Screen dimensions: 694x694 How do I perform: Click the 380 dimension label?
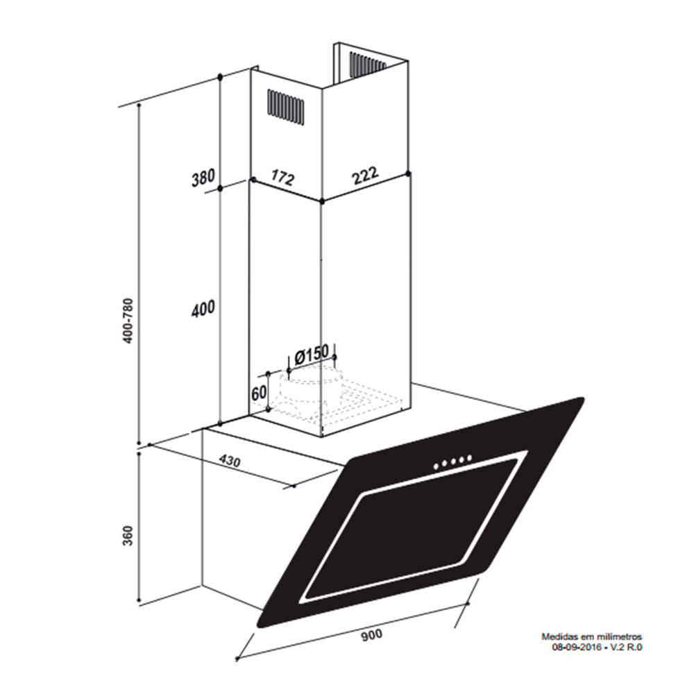tap(203, 178)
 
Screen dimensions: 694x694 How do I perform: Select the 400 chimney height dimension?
tap(203, 309)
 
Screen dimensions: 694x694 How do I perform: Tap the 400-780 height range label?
tap(128, 321)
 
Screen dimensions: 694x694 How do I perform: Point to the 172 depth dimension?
tap(283, 177)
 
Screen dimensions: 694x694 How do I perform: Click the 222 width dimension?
tap(365, 176)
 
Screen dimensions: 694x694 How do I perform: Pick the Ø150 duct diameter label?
tap(312, 354)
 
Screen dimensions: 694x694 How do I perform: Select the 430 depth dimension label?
tap(230, 462)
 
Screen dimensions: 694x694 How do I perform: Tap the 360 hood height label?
tap(128, 536)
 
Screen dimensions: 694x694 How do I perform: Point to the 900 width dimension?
tap(372, 635)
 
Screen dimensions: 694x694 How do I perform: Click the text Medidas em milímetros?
tap(592, 637)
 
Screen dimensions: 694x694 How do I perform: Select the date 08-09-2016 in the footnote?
tap(576, 647)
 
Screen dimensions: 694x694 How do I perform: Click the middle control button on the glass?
tap(453, 462)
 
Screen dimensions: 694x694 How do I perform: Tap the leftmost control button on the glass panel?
tap(437, 466)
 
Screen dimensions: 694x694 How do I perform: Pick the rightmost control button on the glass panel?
tap(469, 458)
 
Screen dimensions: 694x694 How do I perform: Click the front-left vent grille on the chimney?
tap(285, 107)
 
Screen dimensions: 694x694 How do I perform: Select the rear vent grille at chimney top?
tap(367, 63)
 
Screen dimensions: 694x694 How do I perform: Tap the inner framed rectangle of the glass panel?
tap(411, 529)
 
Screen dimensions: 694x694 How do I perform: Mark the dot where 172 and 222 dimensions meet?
tap(322, 201)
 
